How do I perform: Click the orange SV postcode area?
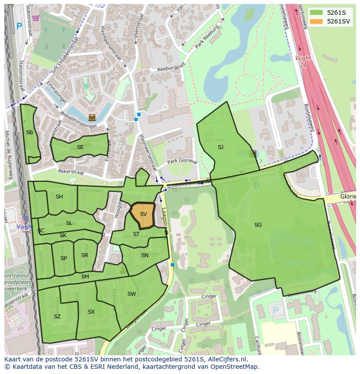(143, 215)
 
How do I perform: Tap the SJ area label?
(220, 147)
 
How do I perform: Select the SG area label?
(258, 225)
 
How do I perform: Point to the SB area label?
(30, 132)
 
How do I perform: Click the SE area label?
(80, 147)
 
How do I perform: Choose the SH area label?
(59, 197)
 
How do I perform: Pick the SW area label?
(131, 294)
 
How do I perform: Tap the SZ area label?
(57, 317)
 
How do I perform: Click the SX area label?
(91, 312)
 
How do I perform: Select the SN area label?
(145, 255)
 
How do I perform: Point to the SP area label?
(63, 258)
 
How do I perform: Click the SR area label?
(85, 255)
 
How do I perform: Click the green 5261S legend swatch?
(316, 13)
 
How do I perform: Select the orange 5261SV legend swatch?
(316, 21)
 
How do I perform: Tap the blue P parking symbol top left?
(19, 26)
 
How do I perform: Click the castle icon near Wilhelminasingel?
(92, 117)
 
